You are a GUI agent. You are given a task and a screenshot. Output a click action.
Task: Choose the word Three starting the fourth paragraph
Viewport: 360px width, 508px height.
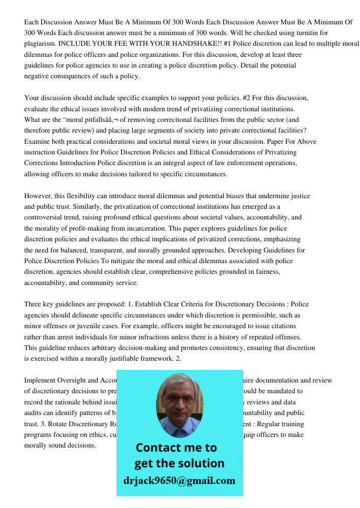34,304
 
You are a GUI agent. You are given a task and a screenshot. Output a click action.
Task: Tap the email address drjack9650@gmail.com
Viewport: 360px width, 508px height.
179,481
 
